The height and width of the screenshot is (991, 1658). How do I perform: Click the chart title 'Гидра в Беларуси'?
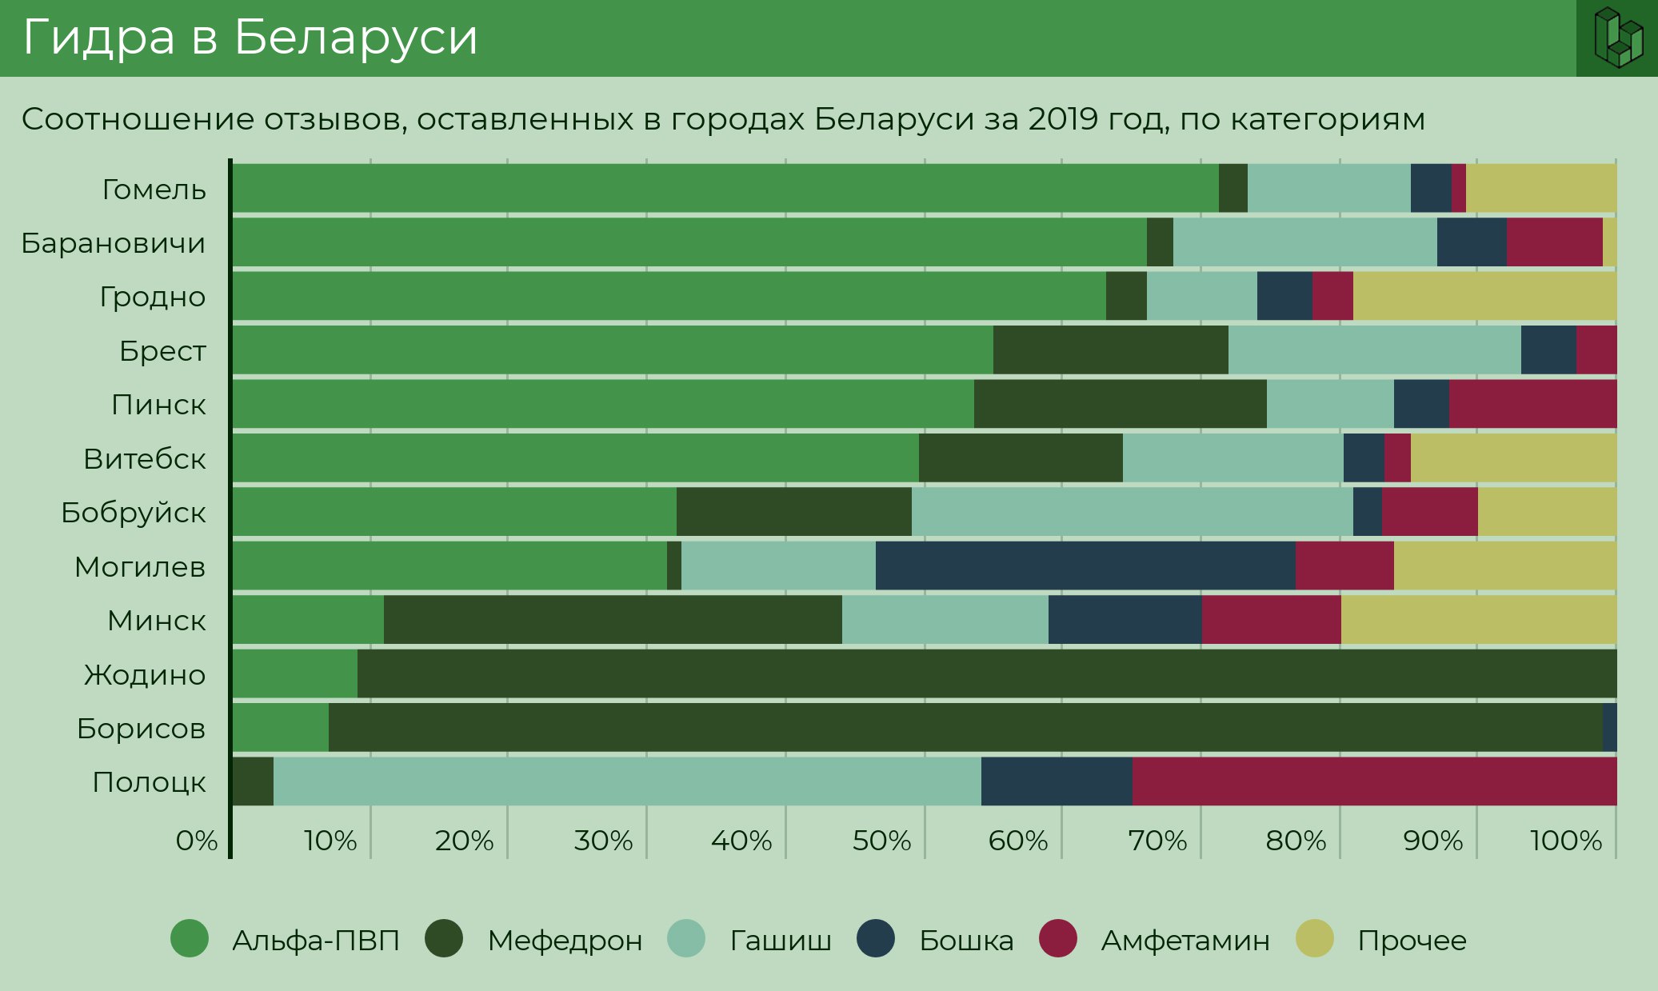coord(250,38)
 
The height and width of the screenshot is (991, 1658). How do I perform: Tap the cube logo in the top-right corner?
coord(1617,38)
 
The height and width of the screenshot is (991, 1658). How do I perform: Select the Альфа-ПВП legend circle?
coord(190,938)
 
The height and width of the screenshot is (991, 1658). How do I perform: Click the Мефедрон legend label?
coord(565,941)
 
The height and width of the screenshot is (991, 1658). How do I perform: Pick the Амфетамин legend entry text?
coord(1185,941)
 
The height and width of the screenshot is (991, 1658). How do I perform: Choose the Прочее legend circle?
coord(1315,938)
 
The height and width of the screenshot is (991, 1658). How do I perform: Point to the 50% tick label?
coord(881,841)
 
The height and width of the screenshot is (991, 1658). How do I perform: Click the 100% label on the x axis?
coord(1566,841)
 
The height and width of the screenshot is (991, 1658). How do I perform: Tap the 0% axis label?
coord(197,841)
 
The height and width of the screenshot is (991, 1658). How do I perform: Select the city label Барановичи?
coord(114,242)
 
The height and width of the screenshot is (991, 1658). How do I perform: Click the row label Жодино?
coord(145,674)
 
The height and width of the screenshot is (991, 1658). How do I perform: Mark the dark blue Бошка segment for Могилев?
coord(1085,565)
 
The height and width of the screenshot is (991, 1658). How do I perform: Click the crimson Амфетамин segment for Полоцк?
coord(1374,781)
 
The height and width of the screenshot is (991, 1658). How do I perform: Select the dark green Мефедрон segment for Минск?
coord(613,620)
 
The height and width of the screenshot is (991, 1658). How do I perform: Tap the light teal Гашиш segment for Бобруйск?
coord(1132,512)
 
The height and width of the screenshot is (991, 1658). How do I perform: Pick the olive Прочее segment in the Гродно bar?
coord(1484,296)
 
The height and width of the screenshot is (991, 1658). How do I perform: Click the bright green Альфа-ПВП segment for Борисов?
coord(281,728)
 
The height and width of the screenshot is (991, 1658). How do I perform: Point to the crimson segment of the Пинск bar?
coord(1532,404)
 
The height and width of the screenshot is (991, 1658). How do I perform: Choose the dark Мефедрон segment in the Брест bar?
coord(1110,350)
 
